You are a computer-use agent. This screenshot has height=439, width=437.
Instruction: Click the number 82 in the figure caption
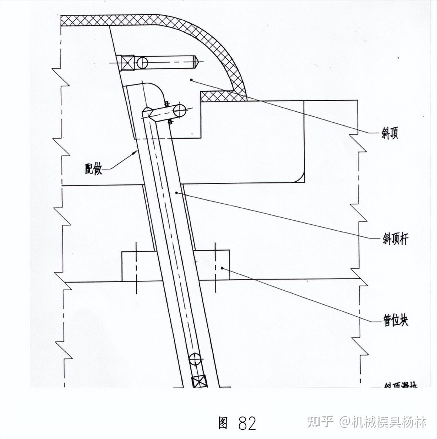(247, 423)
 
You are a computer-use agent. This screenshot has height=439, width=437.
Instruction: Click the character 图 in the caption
(223, 423)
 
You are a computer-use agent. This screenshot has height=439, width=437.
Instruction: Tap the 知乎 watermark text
(321, 422)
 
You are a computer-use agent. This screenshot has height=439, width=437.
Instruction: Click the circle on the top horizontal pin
(142, 62)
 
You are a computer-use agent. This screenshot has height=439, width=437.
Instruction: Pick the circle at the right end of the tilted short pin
(180, 110)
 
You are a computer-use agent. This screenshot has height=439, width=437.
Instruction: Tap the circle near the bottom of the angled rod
(195, 359)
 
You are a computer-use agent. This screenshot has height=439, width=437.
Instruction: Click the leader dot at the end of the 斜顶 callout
(191, 79)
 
